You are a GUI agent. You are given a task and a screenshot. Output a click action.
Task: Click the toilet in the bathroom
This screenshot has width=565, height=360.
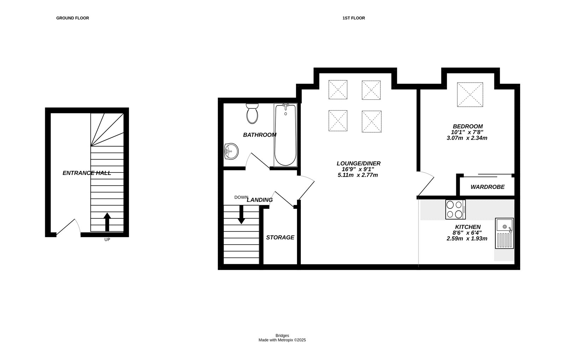tap(252, 113)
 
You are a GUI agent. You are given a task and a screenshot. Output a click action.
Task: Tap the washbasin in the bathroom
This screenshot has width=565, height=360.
tap(231, 152)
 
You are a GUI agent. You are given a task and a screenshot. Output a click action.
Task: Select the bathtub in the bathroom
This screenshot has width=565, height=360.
tap(285, 135)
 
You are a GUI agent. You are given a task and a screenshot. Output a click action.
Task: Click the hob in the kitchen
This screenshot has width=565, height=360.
tap(455, 209)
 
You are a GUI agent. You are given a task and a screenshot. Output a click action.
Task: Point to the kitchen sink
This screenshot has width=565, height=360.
tap(504, 234)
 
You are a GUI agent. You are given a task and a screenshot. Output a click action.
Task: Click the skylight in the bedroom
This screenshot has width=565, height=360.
tap(470, 95)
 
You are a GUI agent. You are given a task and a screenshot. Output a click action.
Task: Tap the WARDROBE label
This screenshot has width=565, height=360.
tap(487, 187)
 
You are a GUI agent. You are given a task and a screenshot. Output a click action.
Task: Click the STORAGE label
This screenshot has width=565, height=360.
tap(280, 237)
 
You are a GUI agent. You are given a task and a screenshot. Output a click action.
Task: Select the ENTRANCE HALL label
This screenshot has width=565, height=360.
tap(87, 173)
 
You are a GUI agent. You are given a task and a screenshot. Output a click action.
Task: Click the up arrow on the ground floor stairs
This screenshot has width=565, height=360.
tap(107, 222)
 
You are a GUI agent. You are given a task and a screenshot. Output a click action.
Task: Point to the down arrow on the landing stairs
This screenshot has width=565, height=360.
tap(241, 214)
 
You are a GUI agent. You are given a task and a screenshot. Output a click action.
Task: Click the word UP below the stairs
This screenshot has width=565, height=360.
tap(107, 240)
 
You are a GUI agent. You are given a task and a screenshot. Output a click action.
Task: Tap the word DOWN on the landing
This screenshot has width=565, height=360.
tap(241, 197)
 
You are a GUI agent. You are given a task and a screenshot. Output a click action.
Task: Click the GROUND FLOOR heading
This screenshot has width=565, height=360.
tap(72, 18)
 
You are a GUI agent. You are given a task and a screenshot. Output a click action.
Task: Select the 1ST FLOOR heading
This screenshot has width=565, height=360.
tap(353, 18)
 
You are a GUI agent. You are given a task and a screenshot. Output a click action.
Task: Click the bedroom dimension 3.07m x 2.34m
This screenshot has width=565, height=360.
tap(467, 138)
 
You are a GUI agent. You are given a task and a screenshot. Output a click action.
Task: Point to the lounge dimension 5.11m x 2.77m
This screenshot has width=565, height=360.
tap(358, 175)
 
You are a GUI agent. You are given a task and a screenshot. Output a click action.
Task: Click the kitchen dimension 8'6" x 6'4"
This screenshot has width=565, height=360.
tap(468, 233)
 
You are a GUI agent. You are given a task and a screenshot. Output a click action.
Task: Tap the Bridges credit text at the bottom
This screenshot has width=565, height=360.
tap(282, 336)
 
